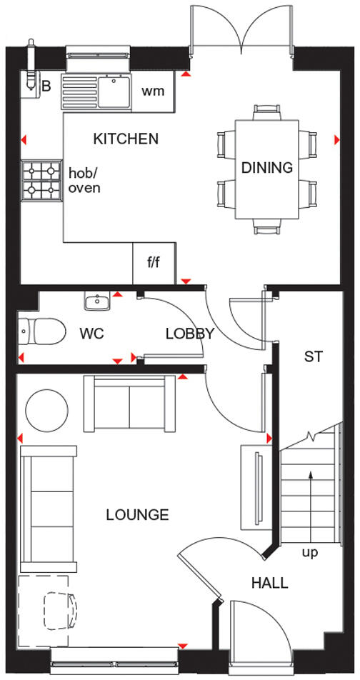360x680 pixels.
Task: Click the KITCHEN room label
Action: [126, 139]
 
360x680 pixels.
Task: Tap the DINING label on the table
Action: [267, 168]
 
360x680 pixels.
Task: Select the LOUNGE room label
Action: [137, 514]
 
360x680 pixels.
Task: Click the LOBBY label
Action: [190, 334]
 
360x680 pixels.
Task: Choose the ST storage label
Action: [314, 357]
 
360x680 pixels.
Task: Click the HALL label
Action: [269, 583]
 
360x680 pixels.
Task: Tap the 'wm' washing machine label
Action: [154, 91]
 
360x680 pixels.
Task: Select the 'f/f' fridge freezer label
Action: [154, 263]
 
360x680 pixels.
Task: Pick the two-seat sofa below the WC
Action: [130, 404]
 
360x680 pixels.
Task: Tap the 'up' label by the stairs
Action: [310, 552]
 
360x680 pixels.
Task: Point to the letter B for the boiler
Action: [46, 87]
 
